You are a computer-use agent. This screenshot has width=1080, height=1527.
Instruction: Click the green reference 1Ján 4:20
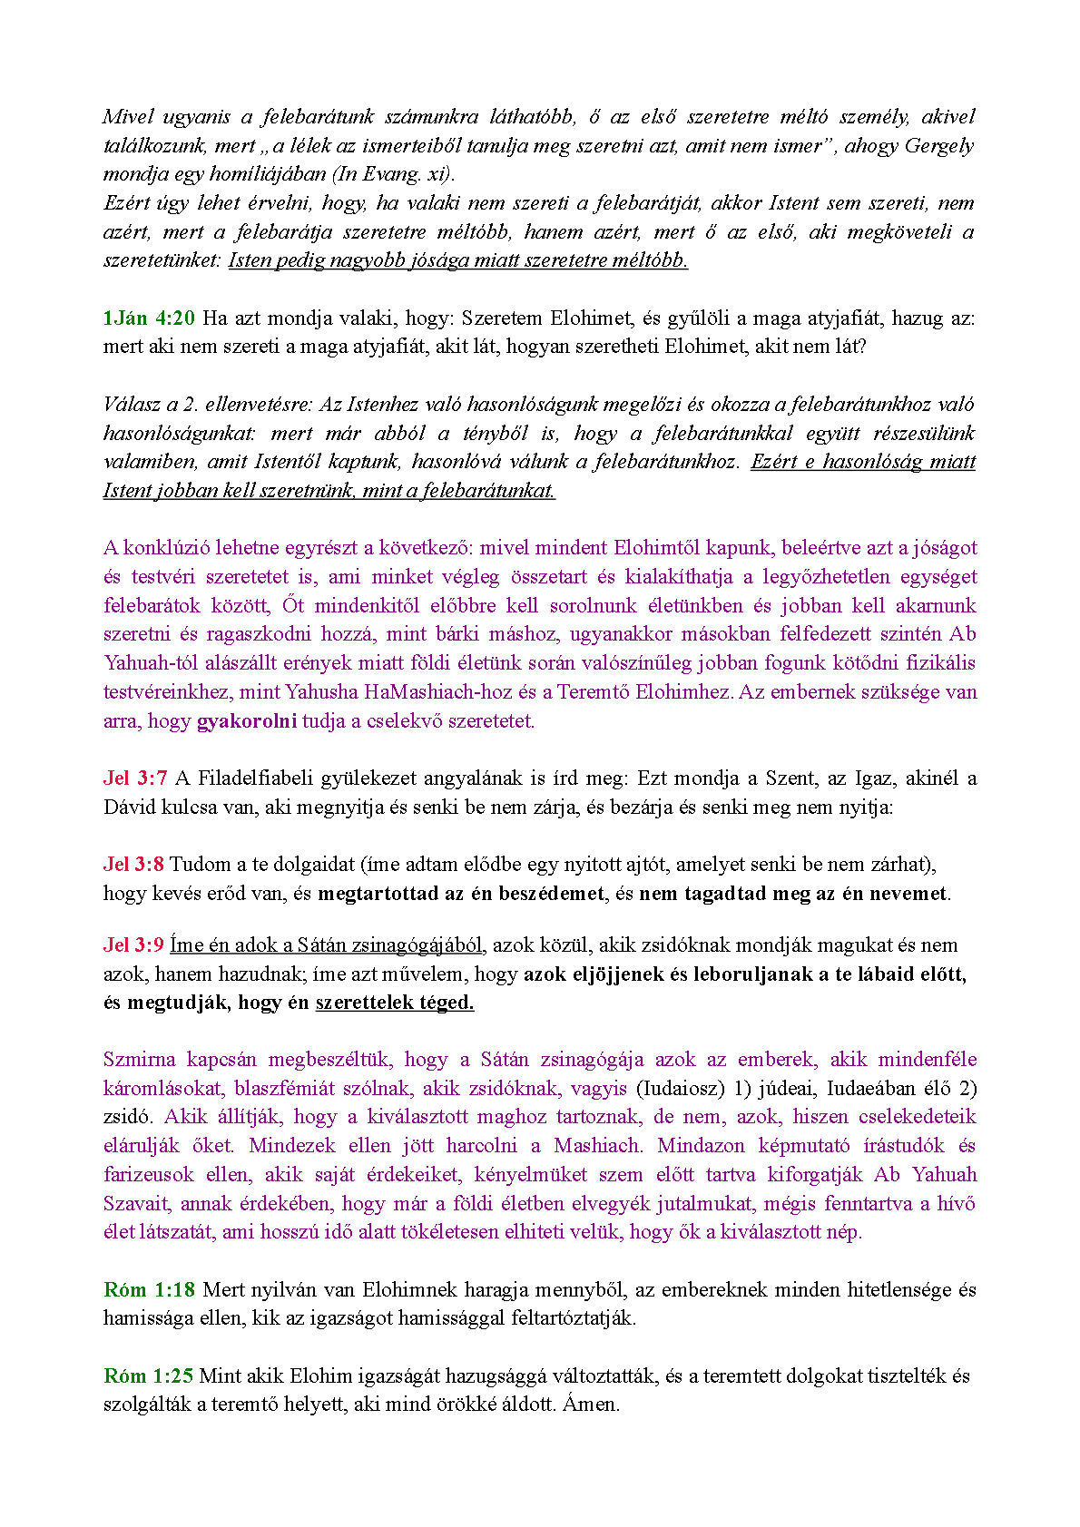[x=149, y=318]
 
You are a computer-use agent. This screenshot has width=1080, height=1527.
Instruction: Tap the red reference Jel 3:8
[x=133, y=864]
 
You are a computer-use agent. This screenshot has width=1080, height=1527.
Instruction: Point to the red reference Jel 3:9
[x=133, y=945]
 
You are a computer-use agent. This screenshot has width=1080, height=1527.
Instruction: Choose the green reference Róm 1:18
[x=149, y=1289]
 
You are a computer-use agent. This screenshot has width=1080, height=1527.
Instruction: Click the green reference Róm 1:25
[x=149, y=1375]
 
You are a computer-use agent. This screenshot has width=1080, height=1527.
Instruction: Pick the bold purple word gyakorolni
[x=247, y=721]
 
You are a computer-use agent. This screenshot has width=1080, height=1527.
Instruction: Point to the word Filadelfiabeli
[x=257, y=778]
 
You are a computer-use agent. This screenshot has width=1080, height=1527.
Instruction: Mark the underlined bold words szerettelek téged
[x=395, y=1003]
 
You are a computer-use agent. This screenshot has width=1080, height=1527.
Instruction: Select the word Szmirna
[x=139, y=1059]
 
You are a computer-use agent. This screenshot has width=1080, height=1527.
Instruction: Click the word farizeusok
[x=149, y=1174]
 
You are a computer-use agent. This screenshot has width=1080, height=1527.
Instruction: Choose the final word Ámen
[x=591, y=1405]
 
